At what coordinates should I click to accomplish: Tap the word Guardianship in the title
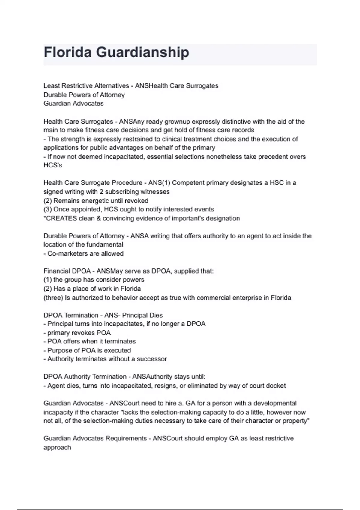[142, 52]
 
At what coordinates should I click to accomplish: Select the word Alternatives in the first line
[112, 86]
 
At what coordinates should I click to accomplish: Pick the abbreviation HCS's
[53, 165]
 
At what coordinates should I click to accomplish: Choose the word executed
[117, 350]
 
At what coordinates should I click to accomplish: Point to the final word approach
[57, 447]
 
